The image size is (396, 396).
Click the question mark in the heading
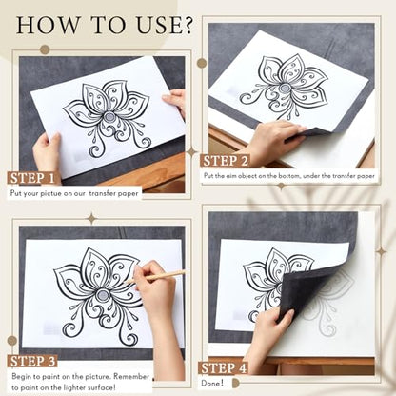tap(186, 25)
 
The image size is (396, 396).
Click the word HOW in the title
tap(49, 25)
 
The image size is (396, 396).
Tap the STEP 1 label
tap(32, 178)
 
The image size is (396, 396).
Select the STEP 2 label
tap(225, 161)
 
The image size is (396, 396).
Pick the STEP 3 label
tap(32, 362)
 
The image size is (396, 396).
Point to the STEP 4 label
tap(223, 368)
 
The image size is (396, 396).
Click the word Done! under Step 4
tap(212, 383)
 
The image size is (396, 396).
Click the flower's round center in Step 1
tap(110, 118)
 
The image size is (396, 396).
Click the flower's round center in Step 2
tap(284, 88)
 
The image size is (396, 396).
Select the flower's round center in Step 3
tap(102, 295)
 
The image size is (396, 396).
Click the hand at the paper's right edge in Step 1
tap(174, 102)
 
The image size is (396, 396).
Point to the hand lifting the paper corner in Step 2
tap(273, 140)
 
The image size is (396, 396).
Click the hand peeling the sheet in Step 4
tap(269, 336)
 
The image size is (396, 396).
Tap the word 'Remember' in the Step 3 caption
tap(131, 377)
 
